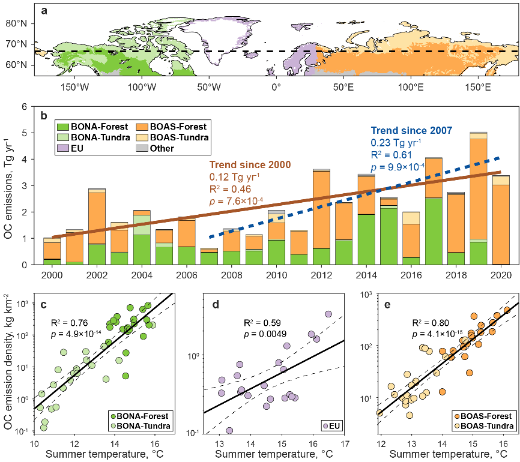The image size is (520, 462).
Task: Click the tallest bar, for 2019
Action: tap(479, 198)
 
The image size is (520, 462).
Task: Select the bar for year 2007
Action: tap(208, 256)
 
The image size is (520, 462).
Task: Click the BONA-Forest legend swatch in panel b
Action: tap(63, 126)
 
